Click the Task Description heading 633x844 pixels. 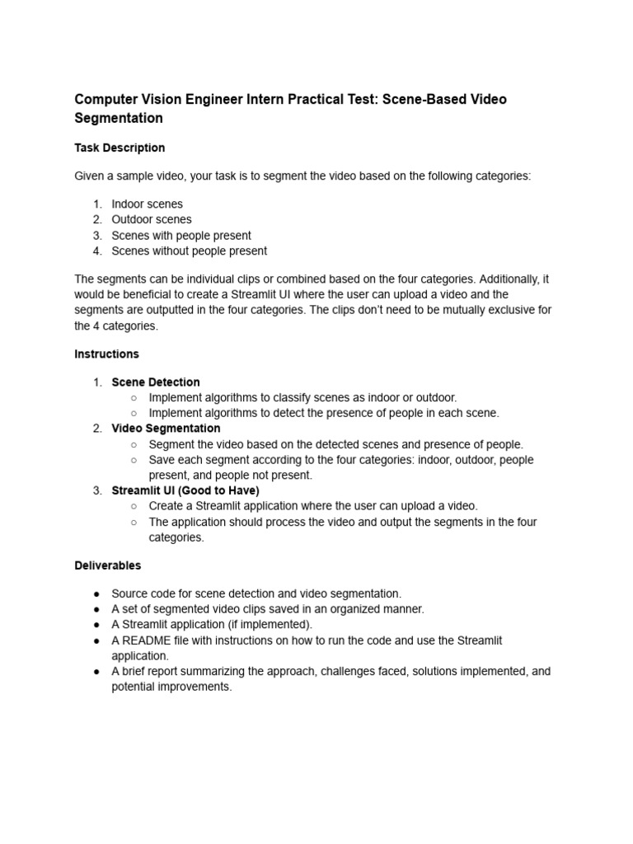point(120,148)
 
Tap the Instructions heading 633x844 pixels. point(106,354)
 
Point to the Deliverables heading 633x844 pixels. point(107,565)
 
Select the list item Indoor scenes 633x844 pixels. point(148,204)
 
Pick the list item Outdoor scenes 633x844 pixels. point(152,219)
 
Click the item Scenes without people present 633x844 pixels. point(189,251)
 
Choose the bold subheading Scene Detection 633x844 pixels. point(156,382)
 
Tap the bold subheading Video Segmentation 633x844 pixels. point(166,428)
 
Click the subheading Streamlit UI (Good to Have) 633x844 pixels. point(185,490)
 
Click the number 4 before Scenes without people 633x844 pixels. point(96,251)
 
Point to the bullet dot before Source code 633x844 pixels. point(96,593)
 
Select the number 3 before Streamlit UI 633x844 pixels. point(96,490)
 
